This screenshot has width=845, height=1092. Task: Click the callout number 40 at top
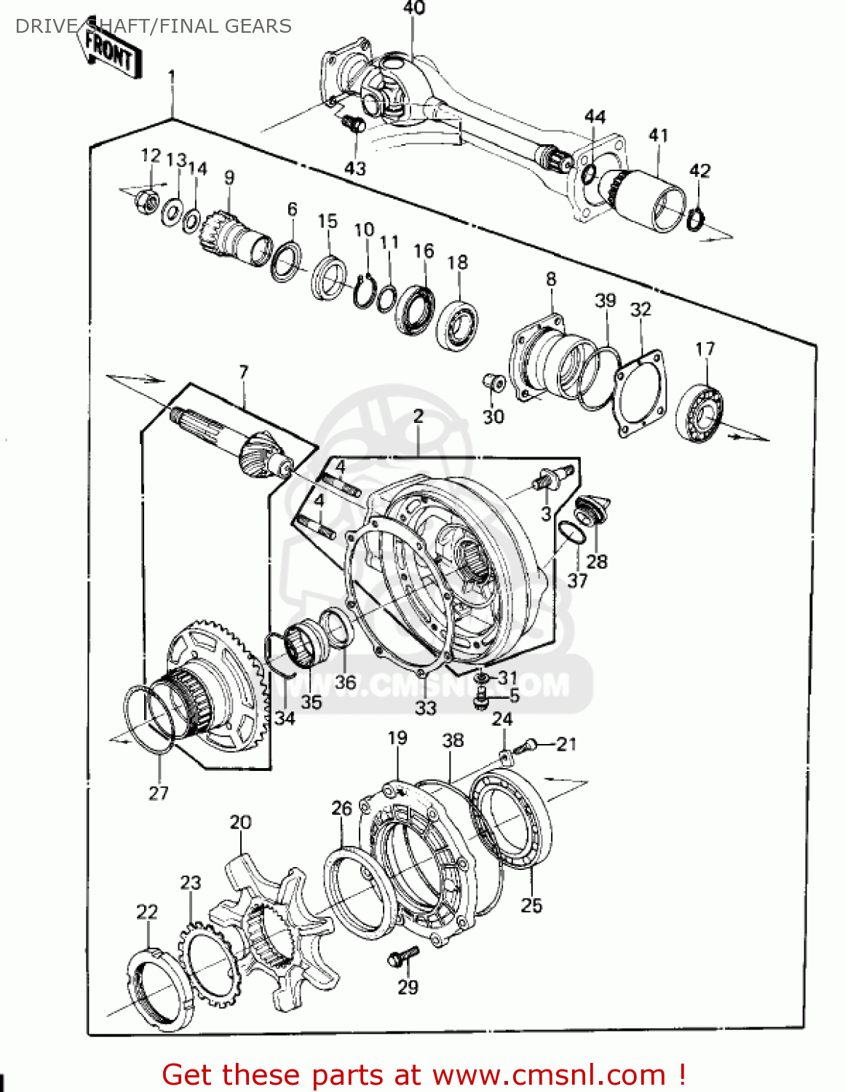[413, 8]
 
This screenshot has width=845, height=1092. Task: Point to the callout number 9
[229, 177]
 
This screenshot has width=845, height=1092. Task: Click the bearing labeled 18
[457, 324]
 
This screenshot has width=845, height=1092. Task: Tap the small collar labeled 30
[493, 381]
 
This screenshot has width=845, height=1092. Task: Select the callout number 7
[243, 372]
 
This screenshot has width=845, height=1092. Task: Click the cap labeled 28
[592, 508]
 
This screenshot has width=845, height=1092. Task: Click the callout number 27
[159, 793]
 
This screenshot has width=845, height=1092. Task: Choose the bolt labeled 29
[403, 956]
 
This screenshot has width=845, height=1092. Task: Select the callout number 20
[240, 822]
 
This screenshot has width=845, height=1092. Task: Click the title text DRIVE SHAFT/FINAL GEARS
[154, 26]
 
